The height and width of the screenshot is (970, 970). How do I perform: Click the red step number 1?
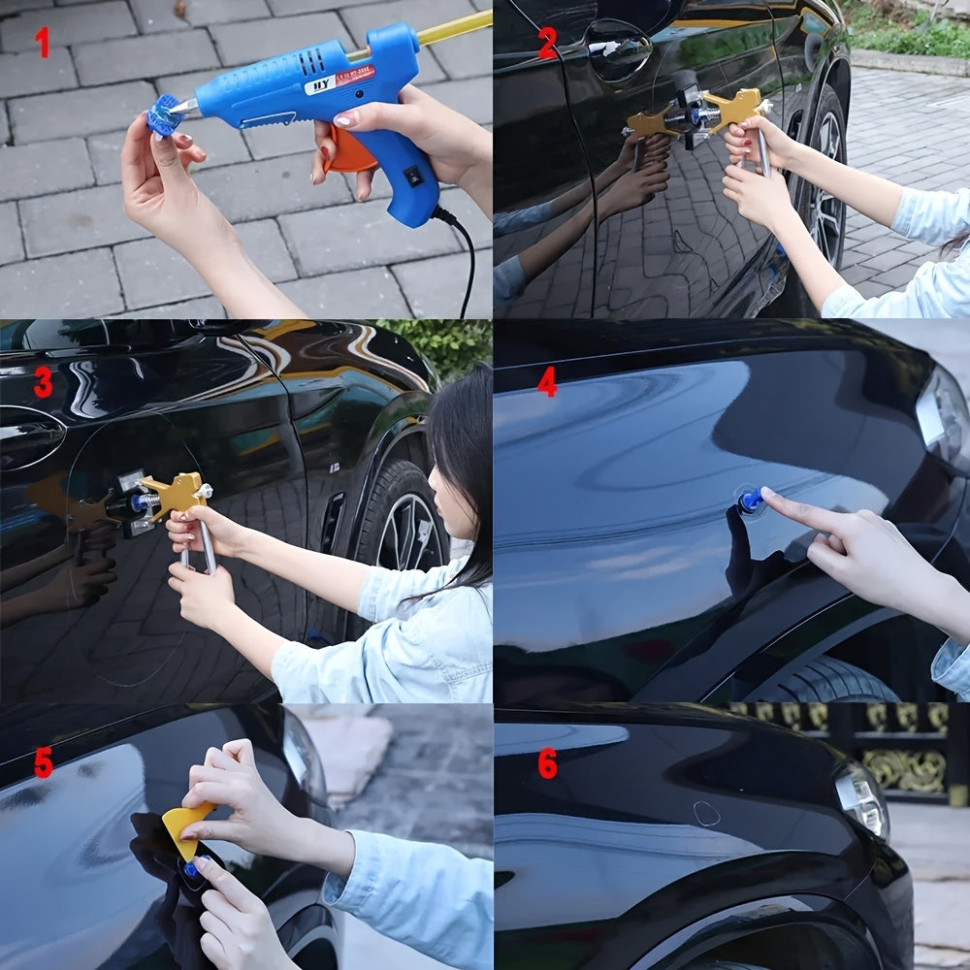[x=42, y=42]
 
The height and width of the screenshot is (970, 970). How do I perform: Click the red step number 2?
[x=547, y=43]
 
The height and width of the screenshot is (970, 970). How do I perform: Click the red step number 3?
[x=43, y=383]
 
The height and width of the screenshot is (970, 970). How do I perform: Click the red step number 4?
[x=547, y=381]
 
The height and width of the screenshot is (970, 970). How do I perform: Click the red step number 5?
[x=43, y=762]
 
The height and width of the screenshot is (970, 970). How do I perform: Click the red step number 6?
[x=547, y=763]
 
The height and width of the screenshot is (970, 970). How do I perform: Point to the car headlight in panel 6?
[x=862, y=797]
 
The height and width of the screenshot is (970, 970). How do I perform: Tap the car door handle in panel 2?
[x=618, y=48]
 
